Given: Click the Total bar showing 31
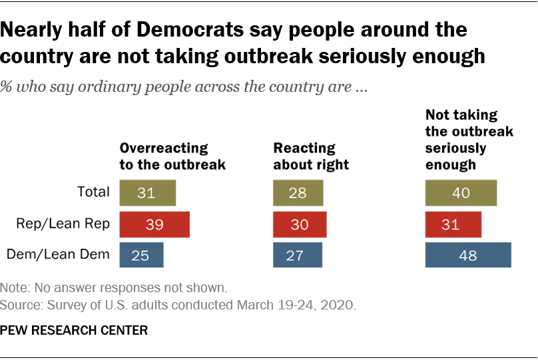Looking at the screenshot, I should click(147, 192).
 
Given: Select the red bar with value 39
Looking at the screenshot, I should click(154, 224).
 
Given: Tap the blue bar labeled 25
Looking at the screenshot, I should click(141, 255).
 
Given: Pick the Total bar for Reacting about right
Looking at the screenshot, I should click(298, 192).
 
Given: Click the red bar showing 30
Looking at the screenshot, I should click(299, 224).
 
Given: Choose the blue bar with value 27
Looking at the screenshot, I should click(298, 255).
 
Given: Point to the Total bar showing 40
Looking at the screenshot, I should click(461, 192).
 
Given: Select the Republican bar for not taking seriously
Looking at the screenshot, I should click(453, 224).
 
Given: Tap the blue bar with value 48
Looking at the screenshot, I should click(468, 255).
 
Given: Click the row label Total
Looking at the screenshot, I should click(93, 192).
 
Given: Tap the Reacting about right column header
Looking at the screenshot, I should click(312, 156).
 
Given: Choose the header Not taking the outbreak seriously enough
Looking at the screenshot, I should click(469, 139).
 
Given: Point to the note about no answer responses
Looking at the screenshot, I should click(115, 289).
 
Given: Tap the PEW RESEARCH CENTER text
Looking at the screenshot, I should click(74, 330).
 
